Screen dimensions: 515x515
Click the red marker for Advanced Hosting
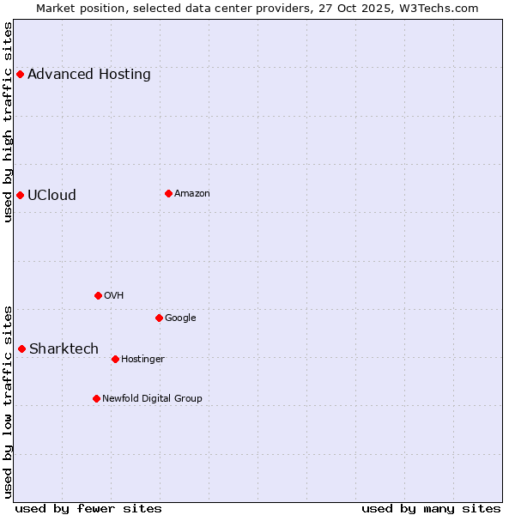[20, 75]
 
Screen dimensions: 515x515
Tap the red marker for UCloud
[20, 195]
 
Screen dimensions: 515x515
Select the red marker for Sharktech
[21, 348]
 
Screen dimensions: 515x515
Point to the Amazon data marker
[168, 193]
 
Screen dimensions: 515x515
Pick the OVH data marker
[98, 295]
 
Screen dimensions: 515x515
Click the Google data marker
[159, 318]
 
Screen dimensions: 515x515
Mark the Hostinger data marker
[115, 359]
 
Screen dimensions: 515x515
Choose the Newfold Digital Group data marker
[96, 398]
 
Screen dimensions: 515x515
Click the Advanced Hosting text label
[89, 75]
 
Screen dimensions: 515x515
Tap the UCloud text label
[51, 195]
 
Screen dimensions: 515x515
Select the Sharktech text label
[64, 348]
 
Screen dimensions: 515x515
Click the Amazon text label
[192, 193]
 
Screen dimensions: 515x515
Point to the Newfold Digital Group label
[152, 398]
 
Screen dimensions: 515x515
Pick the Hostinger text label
[142, 359]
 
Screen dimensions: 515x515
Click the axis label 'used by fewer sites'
[88, 508]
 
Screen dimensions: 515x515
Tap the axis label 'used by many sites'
[431, 508]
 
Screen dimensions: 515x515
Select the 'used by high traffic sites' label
[9, 122]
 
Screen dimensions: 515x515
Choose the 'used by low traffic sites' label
[9, 401]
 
